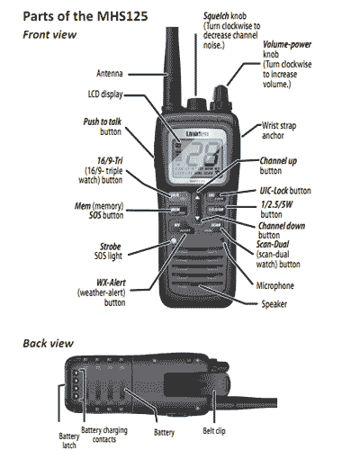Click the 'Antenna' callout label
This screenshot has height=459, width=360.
click(x=110, y=72)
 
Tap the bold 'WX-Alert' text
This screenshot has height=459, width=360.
click(x=106, y=282)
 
